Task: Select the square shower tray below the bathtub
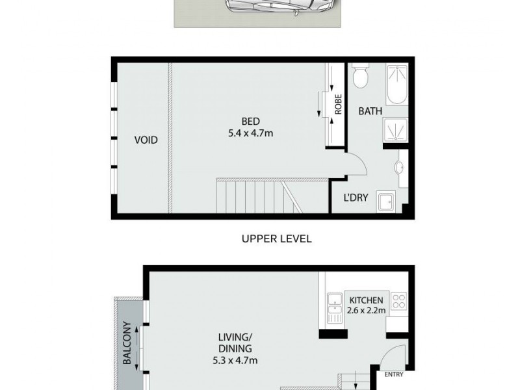point(396,129)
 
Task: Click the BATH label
point(370,111)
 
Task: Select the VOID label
point(146,140)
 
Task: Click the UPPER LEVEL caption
point(276,239)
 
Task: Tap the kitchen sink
point(335,307)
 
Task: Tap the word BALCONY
point(127,343)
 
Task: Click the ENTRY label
point(394,374)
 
